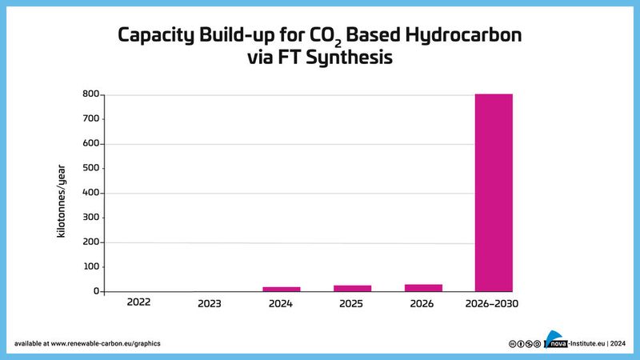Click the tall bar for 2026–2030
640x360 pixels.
(494, 193)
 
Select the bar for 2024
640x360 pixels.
(282, 289)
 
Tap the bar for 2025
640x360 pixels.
(352, 288)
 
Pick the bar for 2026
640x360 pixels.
(423, 287)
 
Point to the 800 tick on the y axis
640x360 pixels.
(90, 94)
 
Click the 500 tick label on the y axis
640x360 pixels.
(90, 168)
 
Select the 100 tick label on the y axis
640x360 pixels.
(90, 266)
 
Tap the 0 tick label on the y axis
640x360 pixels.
(95, 291)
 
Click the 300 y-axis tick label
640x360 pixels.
(90, 218)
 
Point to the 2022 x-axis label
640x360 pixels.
(138, 303)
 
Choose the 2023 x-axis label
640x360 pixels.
(210, 304)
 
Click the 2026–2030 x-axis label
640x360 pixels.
(494, 304)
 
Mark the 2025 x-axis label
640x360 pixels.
(352, 304)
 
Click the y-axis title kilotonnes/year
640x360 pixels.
(61, 193)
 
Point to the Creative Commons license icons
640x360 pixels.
(525, 343)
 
